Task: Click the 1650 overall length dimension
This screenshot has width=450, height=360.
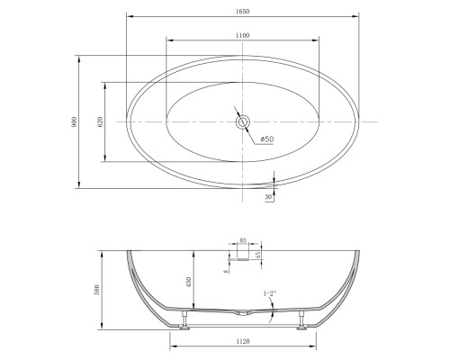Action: tap(242, 12)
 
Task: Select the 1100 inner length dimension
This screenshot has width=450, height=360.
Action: tap(242, 35)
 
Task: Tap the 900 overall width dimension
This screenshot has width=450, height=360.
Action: tap(74, 121)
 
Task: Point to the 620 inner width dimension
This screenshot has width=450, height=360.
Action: tap(100, 121)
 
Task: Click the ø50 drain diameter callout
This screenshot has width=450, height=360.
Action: tap(267, 139)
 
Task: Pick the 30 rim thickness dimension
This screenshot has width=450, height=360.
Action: tap(268, 197)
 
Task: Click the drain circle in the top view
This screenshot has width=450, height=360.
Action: tap(242, 121)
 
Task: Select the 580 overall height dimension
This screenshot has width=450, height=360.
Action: tap(96, 290)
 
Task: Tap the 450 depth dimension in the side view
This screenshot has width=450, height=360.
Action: tap(189, 282)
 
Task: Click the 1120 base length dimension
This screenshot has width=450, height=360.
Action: tap(243, 341)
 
